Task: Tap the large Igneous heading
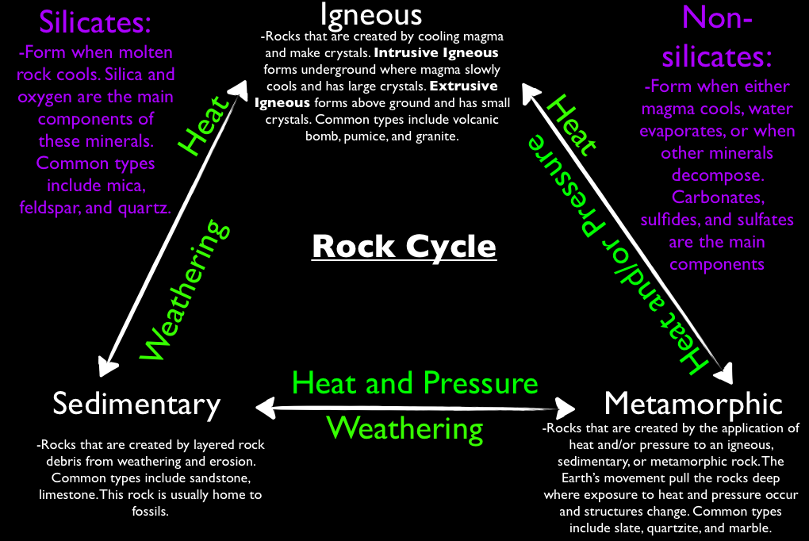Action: (x=371, y=13)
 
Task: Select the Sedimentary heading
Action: (x=136, y=404)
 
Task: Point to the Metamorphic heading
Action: (x=693, y=404)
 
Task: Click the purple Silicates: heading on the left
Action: (x=95, y=22)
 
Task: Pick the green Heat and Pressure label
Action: (x=416, y=383)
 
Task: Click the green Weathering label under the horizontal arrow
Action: (x=405, y=428)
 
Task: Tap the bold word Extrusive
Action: (x=470, y=86)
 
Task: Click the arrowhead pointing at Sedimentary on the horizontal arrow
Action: (x=263, y=407)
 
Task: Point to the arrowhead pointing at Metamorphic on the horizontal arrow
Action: (x=567, y=407)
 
